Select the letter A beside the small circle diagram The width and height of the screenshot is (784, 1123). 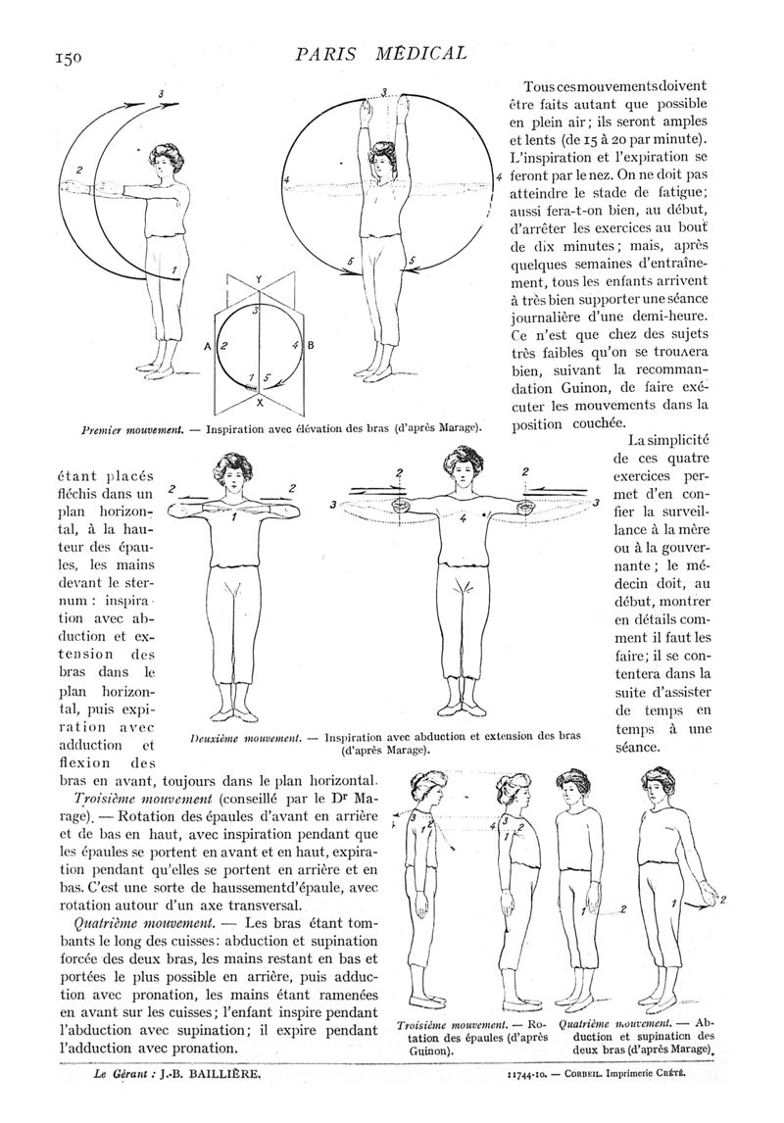tap(208, 346)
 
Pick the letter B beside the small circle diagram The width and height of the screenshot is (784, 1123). tap(310, 346)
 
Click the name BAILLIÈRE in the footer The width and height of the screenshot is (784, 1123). tap(223, 1074)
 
